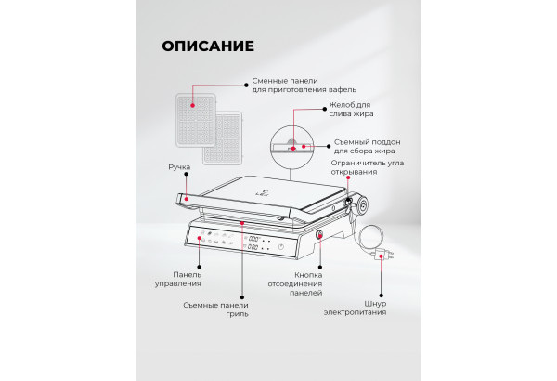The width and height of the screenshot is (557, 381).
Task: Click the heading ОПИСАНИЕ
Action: coord(208,46)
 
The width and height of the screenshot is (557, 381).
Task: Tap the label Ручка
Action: coord(179,167)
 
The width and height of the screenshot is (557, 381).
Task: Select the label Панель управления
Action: coord(178,280)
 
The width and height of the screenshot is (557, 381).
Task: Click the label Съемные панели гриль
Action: coord(215,309)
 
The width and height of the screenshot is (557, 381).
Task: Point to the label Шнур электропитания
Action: coord(355,309)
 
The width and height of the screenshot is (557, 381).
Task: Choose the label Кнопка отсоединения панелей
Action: coord(295,283)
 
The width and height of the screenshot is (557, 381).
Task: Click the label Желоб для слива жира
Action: coord(351,110)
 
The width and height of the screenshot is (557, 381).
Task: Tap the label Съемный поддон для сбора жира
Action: coord(368,146)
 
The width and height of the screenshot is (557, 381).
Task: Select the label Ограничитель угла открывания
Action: coord(368,167)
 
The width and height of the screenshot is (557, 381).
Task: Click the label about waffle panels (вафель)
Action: coord(304,85)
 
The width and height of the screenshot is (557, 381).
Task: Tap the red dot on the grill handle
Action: coord(187,199)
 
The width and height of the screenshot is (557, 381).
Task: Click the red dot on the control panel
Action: coord(200,238)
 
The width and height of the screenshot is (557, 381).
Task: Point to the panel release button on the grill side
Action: coord(319,234)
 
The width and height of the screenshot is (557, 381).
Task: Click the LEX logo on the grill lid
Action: coord(263,192)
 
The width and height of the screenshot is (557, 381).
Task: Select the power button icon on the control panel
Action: coord(281,246)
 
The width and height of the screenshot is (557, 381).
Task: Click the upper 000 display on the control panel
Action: coord(253,239)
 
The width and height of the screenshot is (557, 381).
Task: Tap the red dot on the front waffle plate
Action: coord(192,105)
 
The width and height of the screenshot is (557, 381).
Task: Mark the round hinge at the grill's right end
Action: coord(362,205)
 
